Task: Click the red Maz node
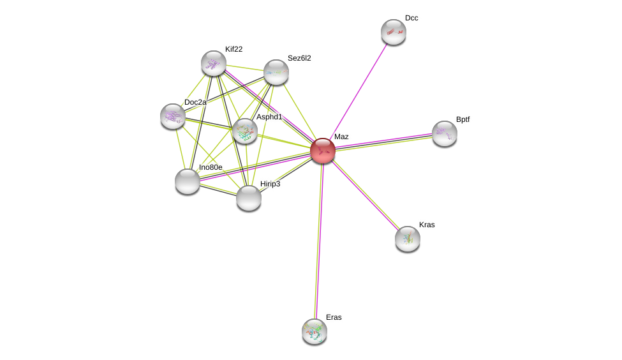click(323, 151)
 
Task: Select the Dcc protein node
click(394, 32)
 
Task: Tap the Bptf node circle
click(445, 133)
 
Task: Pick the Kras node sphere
click(408, 239)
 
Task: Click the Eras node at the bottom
click(315, 331)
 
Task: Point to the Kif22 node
click(214, 63)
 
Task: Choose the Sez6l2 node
click(276, 72)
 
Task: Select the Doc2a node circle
click(173, 116)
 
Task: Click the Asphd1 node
click(244, 131)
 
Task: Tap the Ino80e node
click(188, 181)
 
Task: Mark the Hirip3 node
click(249, 198)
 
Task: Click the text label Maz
click(341, 137)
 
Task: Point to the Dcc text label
click(411, 18)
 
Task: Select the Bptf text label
click(463, 119)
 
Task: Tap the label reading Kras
click(427, 225)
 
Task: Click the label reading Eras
click(334, 317)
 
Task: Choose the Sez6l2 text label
click(299, 58)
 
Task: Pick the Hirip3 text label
click(270, 184)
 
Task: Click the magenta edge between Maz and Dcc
click(359, 91)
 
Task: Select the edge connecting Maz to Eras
click(319, 243)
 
